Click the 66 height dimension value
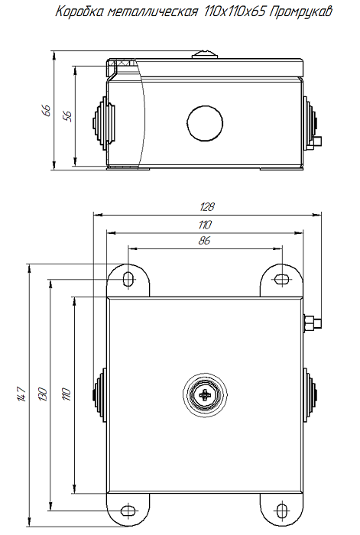pyautogui.click(x=46, y=111)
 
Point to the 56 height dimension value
pyautogui.click(x=67, y=116)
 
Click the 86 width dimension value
pyautogui.click(x=204, y=241)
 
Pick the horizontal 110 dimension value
pyautogui.click(x=204, y=224)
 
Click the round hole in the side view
pyautogui.click(x=205, y=122)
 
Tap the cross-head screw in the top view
pyautogui.click(x=205, y=395)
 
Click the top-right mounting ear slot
pyautogui.click(x=281, y=278)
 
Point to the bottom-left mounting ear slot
pyautogui.click(x=128, y=510)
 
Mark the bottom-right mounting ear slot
pyautogui.click(x=281, y=510)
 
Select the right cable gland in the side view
pyautogui.click(x=310, y=122)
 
